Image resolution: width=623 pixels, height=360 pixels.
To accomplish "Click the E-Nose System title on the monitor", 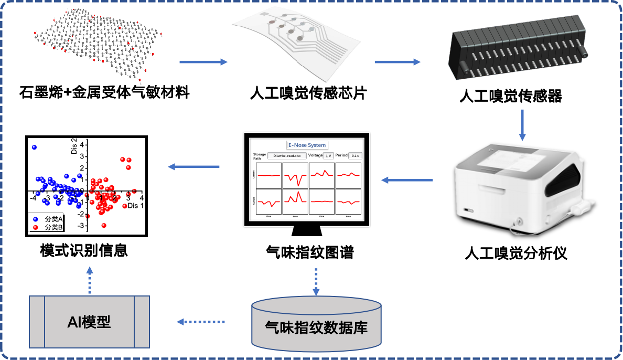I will (307, 145).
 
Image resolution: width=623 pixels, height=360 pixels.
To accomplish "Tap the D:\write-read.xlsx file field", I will (287, 156).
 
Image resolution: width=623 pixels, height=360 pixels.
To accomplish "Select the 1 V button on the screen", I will (328, 156).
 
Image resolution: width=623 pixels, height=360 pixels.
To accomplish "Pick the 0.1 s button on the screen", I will (355, 156).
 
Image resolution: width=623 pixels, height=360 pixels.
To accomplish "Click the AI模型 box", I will (89, 322).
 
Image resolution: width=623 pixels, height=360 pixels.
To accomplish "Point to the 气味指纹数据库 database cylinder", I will (316, 324).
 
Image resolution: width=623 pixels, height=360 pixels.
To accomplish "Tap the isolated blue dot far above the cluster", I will (34, 147).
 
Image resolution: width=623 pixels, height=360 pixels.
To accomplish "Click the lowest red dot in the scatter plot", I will (104, 226).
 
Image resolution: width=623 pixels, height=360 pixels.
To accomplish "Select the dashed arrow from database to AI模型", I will (200, 322).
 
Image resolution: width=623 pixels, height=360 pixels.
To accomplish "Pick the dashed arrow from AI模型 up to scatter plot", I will (90, 280).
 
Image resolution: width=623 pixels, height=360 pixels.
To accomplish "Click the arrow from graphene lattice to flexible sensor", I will (203, 62).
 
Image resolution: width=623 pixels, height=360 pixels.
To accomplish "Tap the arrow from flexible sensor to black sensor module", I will (398, 62).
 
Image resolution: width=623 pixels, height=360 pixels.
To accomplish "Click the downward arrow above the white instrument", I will (522, 125).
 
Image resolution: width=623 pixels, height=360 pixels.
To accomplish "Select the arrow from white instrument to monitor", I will (407, 180).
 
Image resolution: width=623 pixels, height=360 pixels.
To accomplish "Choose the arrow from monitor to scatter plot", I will (194, 167).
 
